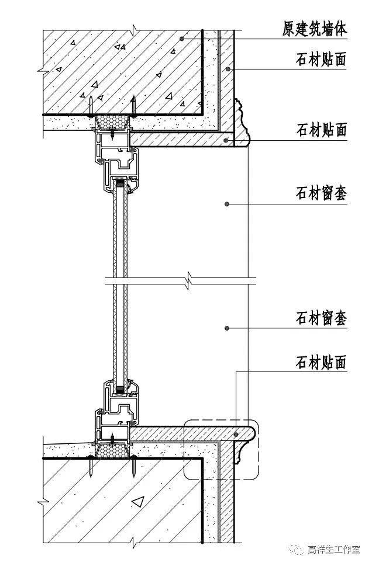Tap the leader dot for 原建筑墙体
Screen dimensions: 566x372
(182, 39)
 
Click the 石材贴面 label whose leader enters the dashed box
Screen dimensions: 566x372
(321, 362)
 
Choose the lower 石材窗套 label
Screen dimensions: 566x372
(321, 318)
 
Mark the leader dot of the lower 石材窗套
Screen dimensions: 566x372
(226, 329)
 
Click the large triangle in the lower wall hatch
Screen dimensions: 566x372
(137, 500)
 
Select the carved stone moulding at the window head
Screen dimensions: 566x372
(241, 123)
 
